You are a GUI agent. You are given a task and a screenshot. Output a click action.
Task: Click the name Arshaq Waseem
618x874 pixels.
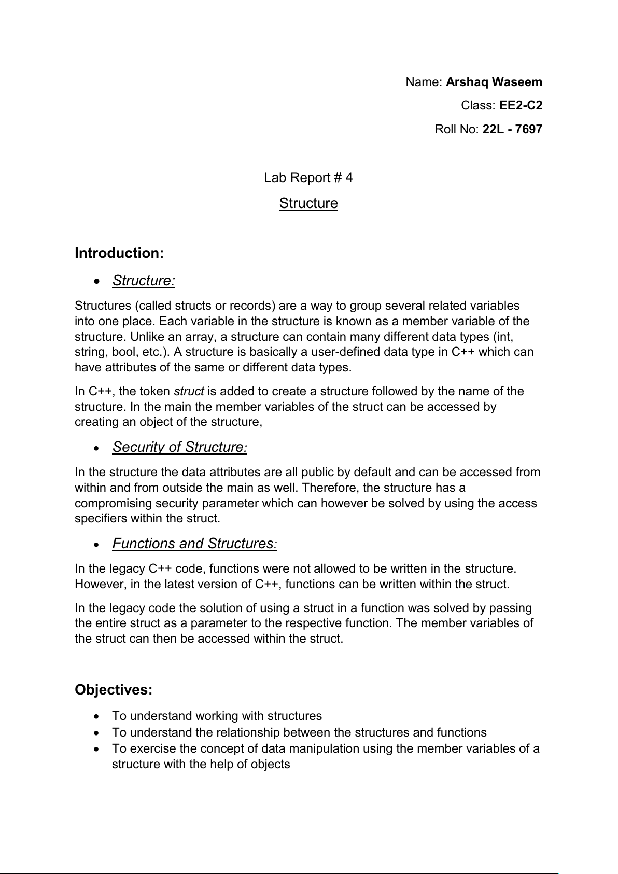494,82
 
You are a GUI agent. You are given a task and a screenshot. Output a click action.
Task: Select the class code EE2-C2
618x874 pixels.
521,106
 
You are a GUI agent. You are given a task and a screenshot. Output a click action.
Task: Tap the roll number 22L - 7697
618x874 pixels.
512,129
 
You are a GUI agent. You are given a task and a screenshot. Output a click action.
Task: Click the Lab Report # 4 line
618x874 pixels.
308,178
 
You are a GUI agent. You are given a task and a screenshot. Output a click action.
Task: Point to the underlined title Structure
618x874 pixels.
308,203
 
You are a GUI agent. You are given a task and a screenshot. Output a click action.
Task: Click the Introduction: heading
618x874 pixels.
119,253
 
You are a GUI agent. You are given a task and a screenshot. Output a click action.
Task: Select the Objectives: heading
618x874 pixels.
114,690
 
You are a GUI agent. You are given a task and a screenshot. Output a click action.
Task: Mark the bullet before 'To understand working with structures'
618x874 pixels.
96,716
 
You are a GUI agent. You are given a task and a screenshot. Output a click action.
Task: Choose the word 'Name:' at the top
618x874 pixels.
424,82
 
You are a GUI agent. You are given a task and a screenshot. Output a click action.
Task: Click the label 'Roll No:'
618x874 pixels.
457,129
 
